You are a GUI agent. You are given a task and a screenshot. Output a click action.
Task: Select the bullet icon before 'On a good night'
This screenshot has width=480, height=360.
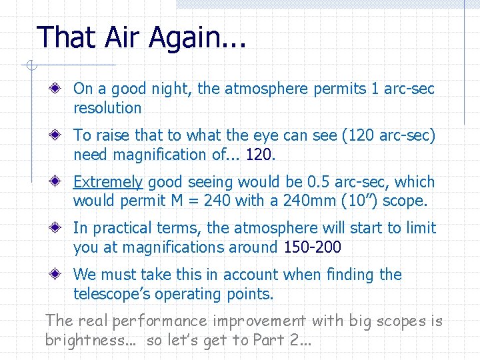click(60, 88)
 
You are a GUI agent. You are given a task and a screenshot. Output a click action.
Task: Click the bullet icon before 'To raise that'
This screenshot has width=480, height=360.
click(60, 135)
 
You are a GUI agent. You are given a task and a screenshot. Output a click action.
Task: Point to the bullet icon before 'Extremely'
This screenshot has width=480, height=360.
click(60, 181)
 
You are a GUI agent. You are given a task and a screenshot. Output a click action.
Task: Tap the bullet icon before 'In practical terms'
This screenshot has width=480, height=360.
click(60, 228)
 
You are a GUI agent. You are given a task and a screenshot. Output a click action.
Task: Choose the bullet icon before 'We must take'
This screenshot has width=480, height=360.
click(60, 274)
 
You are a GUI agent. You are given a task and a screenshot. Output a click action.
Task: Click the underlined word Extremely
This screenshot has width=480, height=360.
click(108, 182)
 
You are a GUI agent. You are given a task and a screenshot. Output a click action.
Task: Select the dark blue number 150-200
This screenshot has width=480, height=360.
click(312, 247)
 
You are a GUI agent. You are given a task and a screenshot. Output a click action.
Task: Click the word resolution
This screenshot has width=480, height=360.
click(107, 108)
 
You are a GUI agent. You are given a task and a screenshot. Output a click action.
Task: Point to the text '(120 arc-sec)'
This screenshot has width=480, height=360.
click(388, 135)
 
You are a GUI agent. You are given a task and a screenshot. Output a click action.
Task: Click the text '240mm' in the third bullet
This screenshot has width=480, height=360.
click(300, 201)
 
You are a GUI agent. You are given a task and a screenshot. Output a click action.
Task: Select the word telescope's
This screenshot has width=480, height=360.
click(117, 294)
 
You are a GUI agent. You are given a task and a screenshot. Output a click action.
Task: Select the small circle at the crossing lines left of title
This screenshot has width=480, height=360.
click(30, 65)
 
